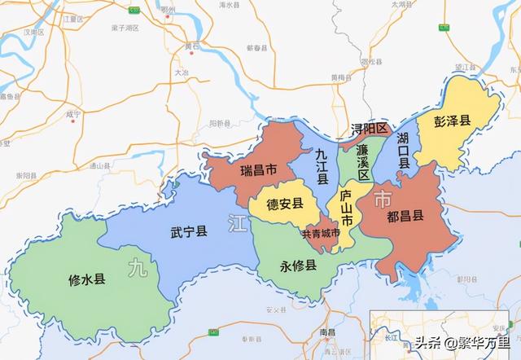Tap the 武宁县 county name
[x=189, y=232]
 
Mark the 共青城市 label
[x=320, y=234]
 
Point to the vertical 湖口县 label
[x=403, y=150]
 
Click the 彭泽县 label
[x=453, y=121]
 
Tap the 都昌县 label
[x=405, y=217]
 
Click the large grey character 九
[x=139, y=269]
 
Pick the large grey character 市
[x=382, y=199]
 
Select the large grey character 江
[x=237, y=222]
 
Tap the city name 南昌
[x=328, y=334]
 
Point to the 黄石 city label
[x=192, y=46]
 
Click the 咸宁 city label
[x=73, y=115]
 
